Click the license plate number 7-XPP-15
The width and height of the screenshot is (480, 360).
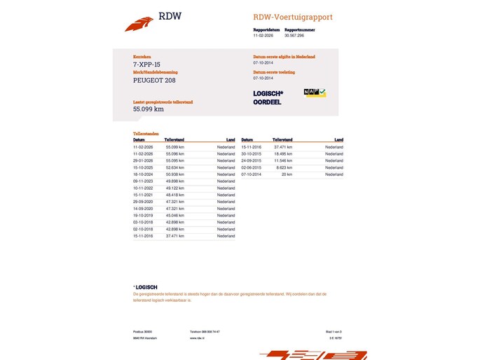(x=146, y=64)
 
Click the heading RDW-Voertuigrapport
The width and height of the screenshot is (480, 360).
(x=293, y=17)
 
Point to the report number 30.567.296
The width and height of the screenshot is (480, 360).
(x=295, y=35)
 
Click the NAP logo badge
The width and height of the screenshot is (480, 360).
(x=315, y=92)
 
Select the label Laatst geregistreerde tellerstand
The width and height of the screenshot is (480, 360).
(x=163, y=102)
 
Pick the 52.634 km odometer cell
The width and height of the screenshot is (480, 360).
(x=174, y=167)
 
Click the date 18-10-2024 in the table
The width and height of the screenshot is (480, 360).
(x=143, y=174)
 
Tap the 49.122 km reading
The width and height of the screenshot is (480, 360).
(x=174, y=188)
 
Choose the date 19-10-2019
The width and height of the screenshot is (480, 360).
(x=143, y=215)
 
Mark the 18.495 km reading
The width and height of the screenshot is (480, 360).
(x=282, y=154)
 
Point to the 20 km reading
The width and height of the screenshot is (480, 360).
(x=287, y=174)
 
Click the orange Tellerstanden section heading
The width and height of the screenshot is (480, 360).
(x=146, y=133)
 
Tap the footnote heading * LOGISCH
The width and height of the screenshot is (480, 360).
(x=145, y=287)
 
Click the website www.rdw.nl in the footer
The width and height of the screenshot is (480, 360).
(x=197, y=338)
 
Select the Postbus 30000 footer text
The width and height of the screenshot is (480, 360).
(x=143, y=331)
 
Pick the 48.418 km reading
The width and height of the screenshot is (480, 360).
(x=174, y=195)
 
